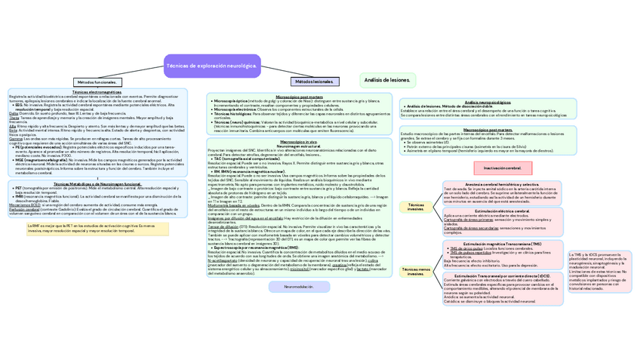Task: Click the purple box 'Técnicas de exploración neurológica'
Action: (x=211, y=66)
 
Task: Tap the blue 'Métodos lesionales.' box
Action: (x=314, y=81)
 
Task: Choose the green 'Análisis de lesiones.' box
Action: (x=387, y=79)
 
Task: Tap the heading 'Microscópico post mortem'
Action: (x=300, y=96)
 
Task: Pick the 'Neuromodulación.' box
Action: (x=298, y=287)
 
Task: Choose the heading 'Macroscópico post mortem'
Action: (x=488, y=129)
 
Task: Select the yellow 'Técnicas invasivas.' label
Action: (x=416, y=207)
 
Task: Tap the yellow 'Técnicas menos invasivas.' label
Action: (x=416, y=271)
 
